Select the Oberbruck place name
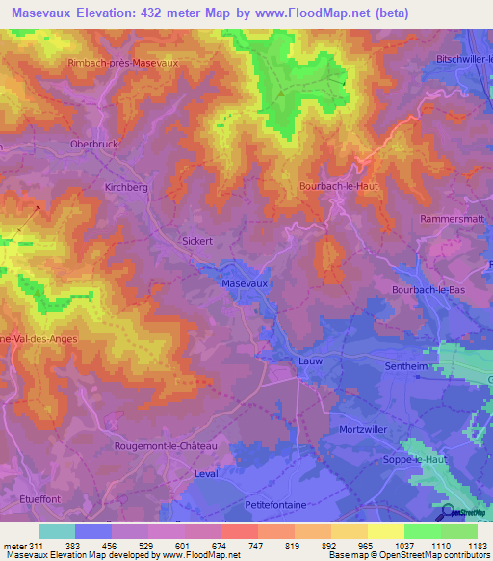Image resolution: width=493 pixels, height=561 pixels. click(x=93, y=144)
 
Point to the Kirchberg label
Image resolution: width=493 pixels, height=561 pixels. click(x=126, y=187)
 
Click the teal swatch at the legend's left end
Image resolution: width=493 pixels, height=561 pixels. click(x=57, y=531)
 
